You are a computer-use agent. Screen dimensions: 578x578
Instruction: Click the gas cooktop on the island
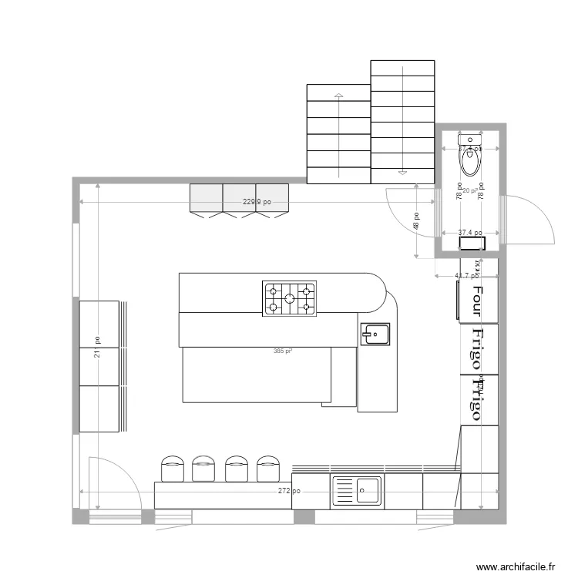click(x=290, y=298)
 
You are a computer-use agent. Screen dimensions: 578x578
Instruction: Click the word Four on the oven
click(x=476, y=302)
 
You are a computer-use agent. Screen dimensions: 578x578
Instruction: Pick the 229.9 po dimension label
click(x=255, y=203)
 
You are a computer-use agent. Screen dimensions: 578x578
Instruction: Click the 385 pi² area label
click(x=282, y=351)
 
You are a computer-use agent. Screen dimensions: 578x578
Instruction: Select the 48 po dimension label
click(x=416, y=223)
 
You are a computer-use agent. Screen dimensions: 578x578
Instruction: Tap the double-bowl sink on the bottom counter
click(x=357, y=491)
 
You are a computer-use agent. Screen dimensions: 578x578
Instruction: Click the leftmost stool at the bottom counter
click(x=172, y=469)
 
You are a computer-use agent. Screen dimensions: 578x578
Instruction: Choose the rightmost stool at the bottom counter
click(x=267, y=469)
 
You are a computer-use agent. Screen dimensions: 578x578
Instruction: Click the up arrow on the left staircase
click(x=338, y=97)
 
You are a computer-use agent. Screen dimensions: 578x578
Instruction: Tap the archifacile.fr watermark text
click(x=516, y=566)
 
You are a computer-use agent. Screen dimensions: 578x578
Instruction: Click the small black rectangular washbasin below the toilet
click(x=471, y=244)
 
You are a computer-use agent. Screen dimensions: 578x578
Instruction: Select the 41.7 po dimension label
click(x=466, y=275)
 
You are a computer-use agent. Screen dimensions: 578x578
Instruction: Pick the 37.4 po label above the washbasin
click(x=469, y=233)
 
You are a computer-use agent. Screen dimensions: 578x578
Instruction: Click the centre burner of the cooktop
click(x=290, y=298)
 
